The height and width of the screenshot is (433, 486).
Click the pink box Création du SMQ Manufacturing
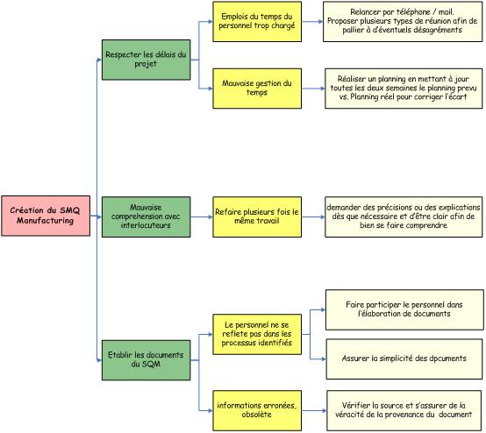(46, 216)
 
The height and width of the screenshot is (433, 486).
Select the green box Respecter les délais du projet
(146, 60)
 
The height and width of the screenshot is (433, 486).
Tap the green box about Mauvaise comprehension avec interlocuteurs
(146, 216)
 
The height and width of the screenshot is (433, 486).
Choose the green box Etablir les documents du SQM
(146, 360)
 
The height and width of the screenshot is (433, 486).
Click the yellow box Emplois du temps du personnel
(257, 21)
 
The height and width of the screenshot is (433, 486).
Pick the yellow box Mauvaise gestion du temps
(257, 89)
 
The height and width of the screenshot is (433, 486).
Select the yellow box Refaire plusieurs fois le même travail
(257, 216)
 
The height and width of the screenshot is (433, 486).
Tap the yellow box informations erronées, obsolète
(257, 410)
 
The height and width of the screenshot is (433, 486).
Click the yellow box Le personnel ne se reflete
(257, 334)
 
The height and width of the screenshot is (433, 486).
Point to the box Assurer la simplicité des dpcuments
(404, 359)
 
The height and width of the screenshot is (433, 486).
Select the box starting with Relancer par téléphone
(403, 21)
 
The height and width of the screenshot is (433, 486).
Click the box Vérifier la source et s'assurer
(404, 410)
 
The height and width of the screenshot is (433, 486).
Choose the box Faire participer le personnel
(404, 309)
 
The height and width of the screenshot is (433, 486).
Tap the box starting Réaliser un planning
(404, 89)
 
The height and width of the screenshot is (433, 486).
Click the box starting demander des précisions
(404, 216)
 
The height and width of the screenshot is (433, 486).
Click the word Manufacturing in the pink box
(46, 221)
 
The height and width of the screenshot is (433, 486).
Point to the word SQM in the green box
(151, 365)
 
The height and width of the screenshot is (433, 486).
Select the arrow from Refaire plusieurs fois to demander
(313, 216)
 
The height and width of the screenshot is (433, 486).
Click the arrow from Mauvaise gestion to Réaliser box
(313, 89)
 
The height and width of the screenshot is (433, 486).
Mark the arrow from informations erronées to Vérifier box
(314, 411)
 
